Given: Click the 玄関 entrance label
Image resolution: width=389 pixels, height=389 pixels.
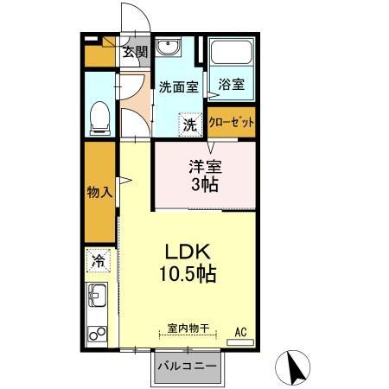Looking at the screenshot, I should pos(134,52).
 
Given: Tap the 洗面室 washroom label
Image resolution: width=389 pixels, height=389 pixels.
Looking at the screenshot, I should pos(179,86).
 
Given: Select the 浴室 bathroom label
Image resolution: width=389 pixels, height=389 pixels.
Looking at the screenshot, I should pos(230,85).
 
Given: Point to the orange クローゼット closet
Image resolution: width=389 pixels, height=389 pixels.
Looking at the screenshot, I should pos(232,122).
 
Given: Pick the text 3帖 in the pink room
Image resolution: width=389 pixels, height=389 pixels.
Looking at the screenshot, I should pos(205,185).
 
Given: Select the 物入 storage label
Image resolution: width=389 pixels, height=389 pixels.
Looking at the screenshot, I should pos(99,192).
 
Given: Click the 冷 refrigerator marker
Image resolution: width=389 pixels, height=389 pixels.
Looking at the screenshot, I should pos(99,259).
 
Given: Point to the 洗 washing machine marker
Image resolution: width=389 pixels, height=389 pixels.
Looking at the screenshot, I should pos(190,124).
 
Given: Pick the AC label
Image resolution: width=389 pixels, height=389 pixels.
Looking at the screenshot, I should pos(242,329).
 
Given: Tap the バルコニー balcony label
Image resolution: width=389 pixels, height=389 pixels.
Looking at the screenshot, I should pos(188,367).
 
